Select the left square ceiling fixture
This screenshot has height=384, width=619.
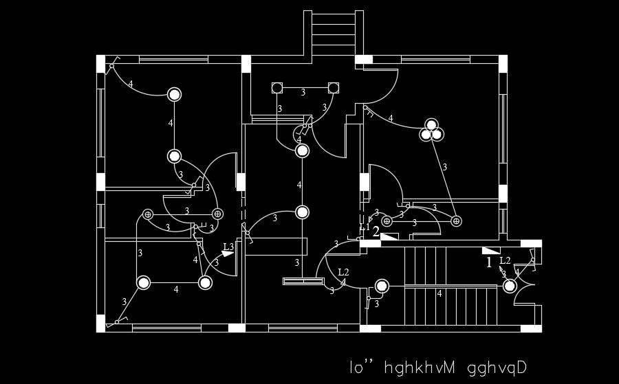click(277, 88)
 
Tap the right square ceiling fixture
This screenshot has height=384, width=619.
click(334, 88)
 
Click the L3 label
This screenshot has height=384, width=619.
click(228, 247)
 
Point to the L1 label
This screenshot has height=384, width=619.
click(365, 227)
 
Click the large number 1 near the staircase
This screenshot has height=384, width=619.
click(489, 262)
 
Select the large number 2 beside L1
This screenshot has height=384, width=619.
click(376, 231)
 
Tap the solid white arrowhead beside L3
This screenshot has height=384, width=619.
click(228, 254)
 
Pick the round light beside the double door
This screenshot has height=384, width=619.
click(509, 286)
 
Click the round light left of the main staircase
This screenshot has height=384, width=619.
click(382, 286)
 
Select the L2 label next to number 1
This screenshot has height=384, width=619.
click(505, 260)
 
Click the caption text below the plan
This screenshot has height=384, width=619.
click(437, 368)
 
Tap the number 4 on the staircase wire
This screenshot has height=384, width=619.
click(439, 293)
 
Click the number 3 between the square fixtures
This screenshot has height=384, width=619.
click(303, 91)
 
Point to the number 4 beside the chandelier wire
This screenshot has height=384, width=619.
click(391, 118)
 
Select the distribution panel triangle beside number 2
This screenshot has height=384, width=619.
click(389, 236)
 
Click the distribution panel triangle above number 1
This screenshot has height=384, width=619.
click(490, 250)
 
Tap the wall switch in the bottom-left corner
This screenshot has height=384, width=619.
click(118, 321)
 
